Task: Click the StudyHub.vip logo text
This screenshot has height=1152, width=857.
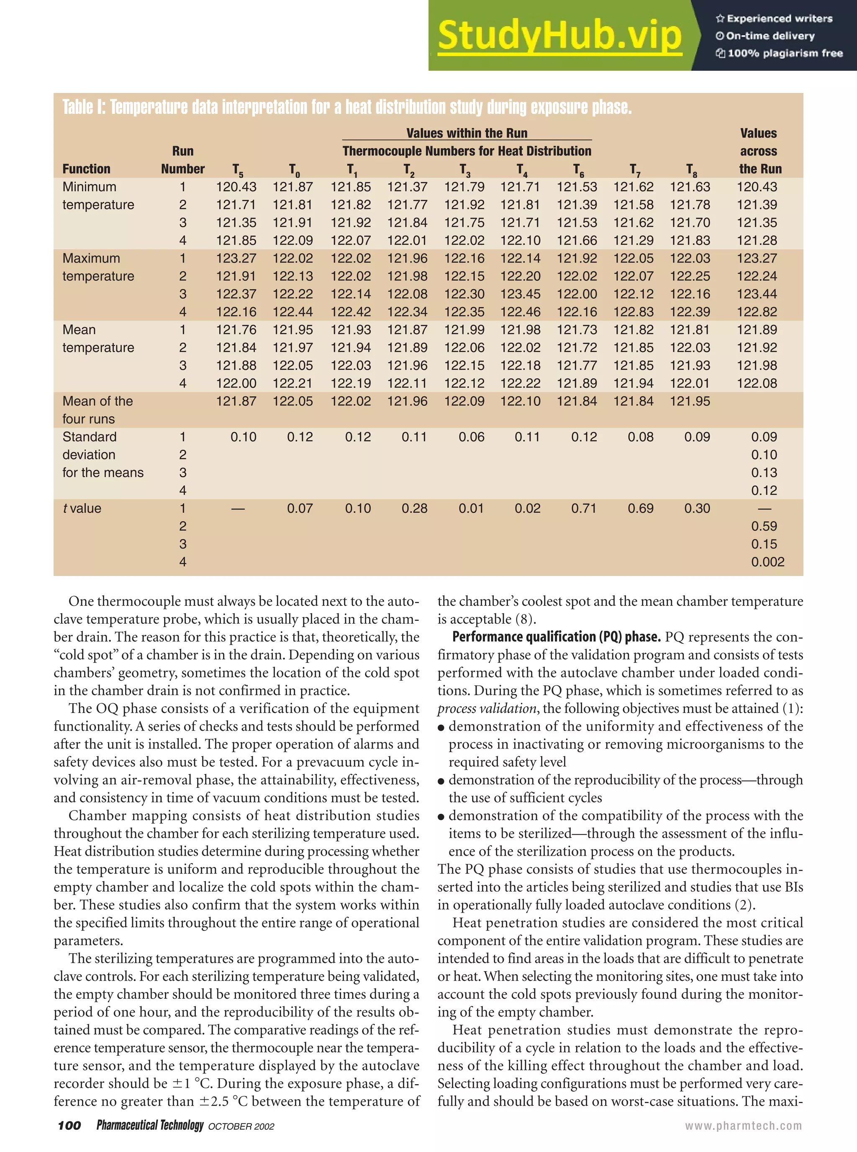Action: coord(559,35)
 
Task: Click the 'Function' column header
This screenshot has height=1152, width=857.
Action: coord(86,169)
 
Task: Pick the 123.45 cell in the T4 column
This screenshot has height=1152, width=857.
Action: coord(520,294)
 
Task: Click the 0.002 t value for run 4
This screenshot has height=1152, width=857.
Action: coord(767,562)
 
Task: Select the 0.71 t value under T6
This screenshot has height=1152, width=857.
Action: coord(584,509)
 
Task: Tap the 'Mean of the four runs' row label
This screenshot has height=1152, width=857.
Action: coord(97,410)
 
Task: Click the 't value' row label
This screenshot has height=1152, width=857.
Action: coord(82,509)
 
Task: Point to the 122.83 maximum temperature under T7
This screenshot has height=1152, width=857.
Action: coord(633,312)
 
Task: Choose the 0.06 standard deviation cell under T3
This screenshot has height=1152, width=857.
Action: coord(471,437)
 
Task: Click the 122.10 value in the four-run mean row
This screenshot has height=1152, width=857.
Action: coord(520,401)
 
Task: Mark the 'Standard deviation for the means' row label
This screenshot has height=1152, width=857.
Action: coord(102,455)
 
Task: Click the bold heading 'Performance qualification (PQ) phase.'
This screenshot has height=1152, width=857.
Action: coord(556,637)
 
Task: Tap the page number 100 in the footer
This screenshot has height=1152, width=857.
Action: coord(69,1125)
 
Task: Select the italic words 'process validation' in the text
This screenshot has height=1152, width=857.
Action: coord(487,708)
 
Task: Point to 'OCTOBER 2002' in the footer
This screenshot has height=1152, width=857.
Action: coord(241,1126)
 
